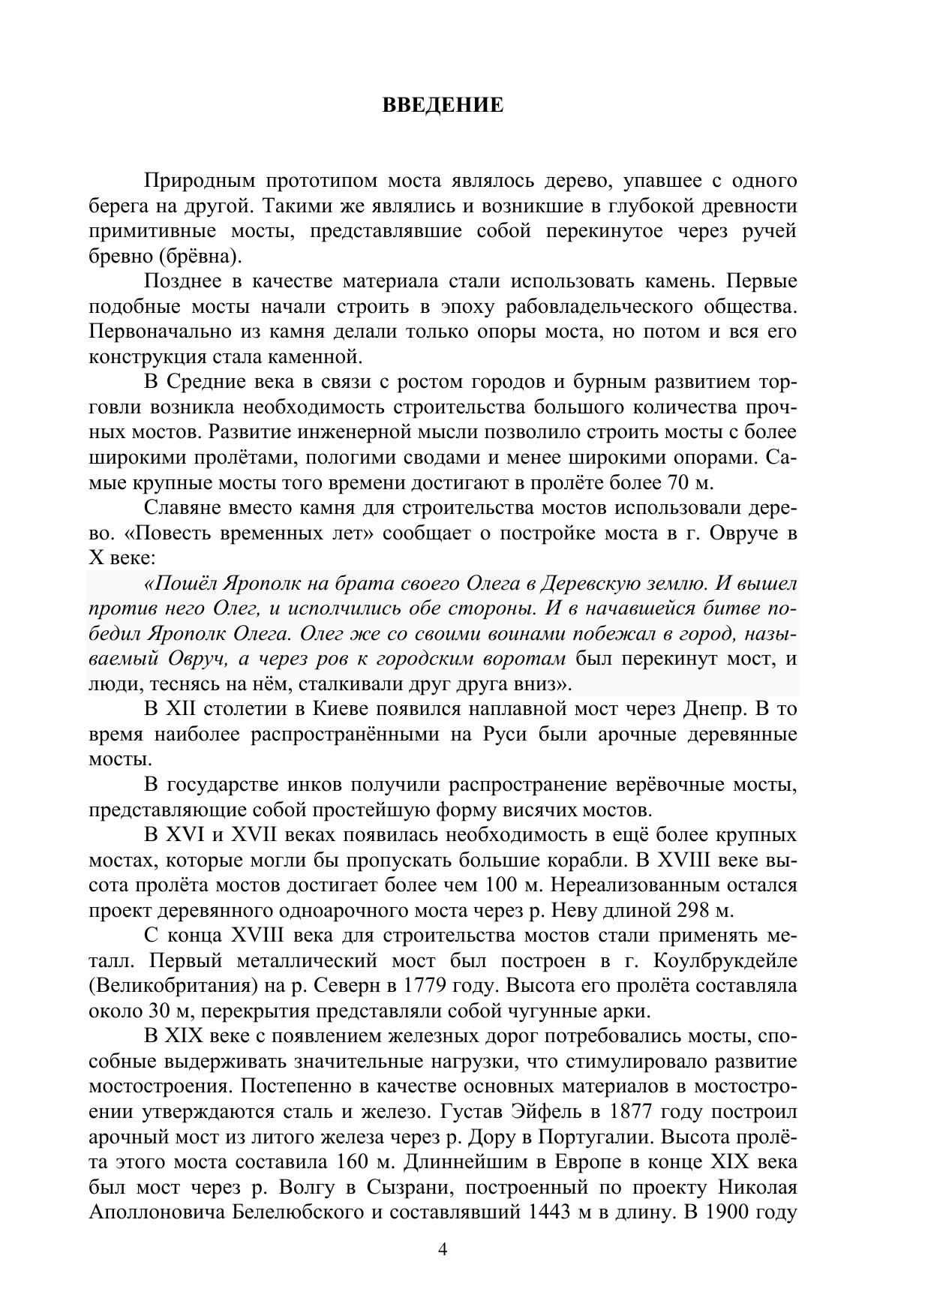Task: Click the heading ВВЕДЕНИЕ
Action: (443, 105)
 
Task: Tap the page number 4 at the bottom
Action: (443, 1249)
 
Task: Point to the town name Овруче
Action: (741, 533)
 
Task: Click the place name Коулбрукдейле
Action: (725, 961)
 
